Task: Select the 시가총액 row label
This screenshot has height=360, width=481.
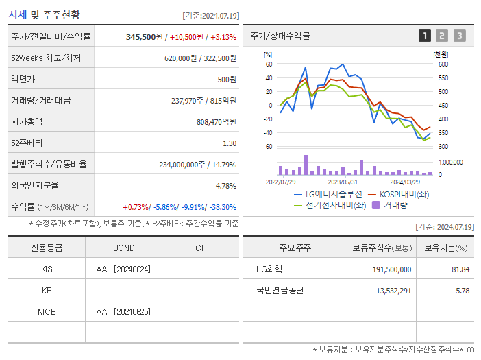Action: click(27, 121)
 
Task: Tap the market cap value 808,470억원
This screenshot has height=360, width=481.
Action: click(216, 121)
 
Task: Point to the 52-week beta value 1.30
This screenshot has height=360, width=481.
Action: click(229, 143)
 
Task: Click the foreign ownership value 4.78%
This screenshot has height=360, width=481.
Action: click(225, 185)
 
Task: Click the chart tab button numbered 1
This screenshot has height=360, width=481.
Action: click(425, 36)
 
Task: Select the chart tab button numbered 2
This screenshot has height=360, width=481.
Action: click(442, 36)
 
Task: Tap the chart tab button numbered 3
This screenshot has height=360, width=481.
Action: click(459, 36)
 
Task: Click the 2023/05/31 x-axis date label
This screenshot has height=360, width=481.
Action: click(343, 182)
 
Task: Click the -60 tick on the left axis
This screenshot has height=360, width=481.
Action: click(268, 147)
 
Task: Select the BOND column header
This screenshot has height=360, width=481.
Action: click(123, 248)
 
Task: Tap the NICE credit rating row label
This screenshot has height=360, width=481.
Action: click(47, 311)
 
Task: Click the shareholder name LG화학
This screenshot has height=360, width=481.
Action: click(269, 269)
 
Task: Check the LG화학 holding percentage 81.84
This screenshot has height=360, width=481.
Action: click(460, 269)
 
